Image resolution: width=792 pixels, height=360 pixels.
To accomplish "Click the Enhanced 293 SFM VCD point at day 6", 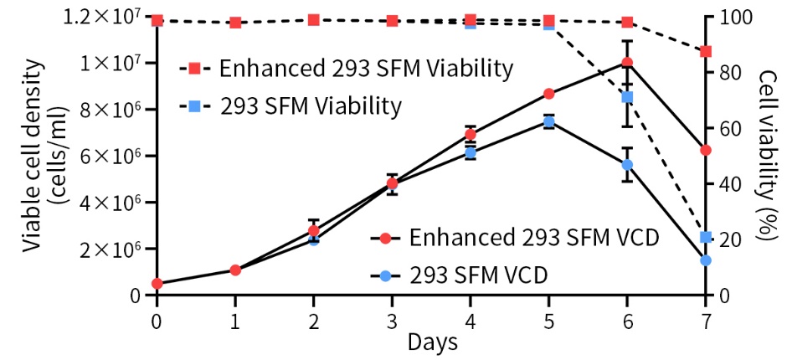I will pos(627,63).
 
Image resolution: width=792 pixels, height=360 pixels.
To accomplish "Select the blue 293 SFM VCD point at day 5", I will pos(548,121).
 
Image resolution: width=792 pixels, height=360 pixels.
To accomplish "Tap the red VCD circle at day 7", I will pos(706,150).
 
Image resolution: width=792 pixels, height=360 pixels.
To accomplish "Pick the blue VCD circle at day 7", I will pos(706,260).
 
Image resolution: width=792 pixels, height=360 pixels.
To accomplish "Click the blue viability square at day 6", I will pos(627,97).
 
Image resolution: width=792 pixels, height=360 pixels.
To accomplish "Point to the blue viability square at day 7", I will pos(706,237).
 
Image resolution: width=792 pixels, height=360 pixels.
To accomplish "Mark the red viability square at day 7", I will pos(706,51).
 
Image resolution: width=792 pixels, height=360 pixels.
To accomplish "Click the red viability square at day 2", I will pos(313,19).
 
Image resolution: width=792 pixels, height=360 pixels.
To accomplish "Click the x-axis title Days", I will pos(432,342).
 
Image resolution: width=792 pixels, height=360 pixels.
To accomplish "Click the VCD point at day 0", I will pos(157,283).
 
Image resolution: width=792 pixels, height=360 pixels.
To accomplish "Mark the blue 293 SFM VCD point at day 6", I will pos(627,165).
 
